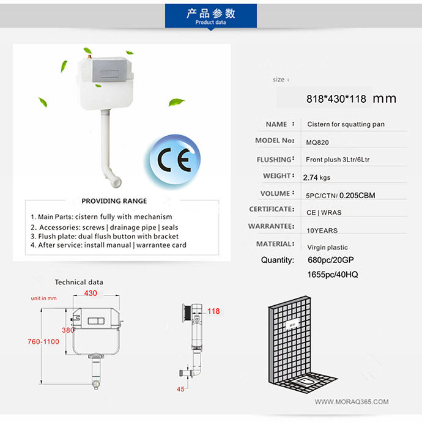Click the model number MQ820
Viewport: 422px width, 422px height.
click(x=317, y=141)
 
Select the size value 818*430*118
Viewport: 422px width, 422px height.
click(x=336, y=98)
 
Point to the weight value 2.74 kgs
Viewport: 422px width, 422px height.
click(x=316, y=177)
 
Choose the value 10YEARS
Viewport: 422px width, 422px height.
click(x=322, y=231)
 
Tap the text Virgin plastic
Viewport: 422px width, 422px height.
click(x=327, y=248)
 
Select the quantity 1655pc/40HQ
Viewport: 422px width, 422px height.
click(x=332, y=275)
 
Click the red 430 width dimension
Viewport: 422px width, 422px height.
click(x=91, y=294)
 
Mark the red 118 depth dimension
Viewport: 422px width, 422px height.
click(x=213, y=311)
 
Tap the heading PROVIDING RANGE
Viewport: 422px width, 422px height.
click(x=114, y=201)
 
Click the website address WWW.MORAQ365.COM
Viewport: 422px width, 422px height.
click(x=352, y=402)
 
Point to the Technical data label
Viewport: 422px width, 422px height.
click(x=79, y=283)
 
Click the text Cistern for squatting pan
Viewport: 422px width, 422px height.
click(x=346, y=124)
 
